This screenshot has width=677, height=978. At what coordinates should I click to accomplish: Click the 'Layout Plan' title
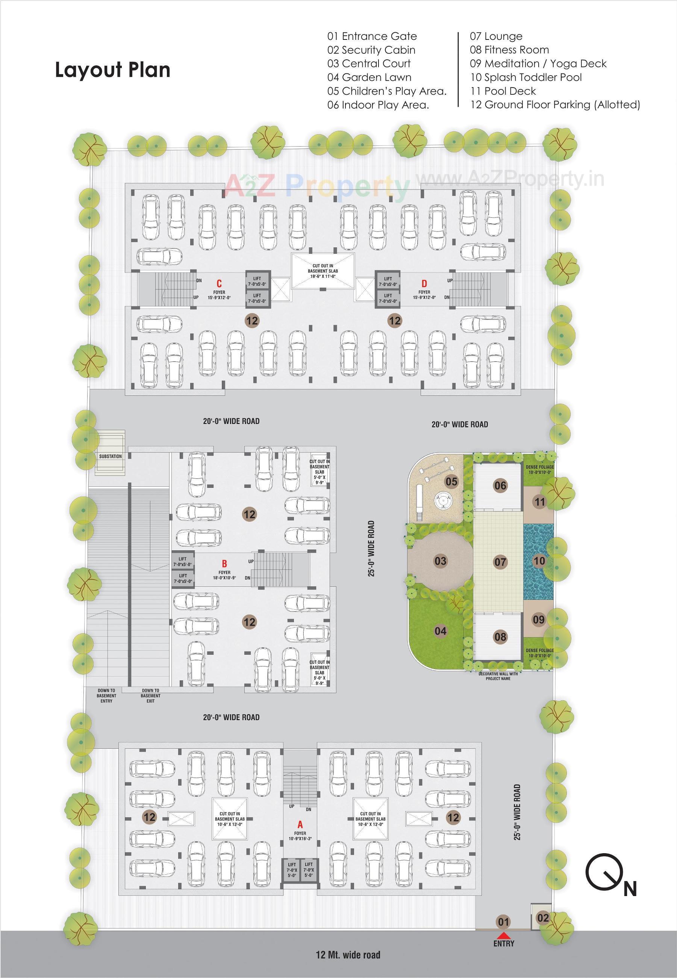[x=112, y=70]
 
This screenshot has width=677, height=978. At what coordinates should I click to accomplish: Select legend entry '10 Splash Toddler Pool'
[x=525, y=77]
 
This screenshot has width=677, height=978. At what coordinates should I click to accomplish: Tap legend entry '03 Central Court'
[x=369, y=64]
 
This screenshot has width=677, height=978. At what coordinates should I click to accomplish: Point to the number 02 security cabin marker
[x=543, y=918]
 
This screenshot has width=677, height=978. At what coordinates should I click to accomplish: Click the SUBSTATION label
[x=110, y=456]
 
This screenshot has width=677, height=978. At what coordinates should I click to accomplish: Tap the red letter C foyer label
[x=219, y=284]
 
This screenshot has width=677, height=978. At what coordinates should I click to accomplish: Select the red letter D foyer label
[x=424, y=284]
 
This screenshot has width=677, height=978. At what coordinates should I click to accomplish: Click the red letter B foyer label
[x=224, y=564]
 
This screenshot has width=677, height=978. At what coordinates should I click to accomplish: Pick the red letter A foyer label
[x=300, y=825]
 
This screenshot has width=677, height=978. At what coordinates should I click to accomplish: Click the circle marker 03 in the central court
[x=440, y=561]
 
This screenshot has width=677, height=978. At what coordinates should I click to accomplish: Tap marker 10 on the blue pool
[x=539, y=561]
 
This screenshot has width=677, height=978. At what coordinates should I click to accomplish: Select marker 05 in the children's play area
[x=451, y=481]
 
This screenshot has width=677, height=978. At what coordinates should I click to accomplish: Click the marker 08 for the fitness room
[x=500, y=637]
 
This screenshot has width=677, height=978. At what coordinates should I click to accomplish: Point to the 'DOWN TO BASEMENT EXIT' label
[x=151, y=696]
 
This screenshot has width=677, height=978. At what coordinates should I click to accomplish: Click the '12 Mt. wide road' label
[x=348, y=955]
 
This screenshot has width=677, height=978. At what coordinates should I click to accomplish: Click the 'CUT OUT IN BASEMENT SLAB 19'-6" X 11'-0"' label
[x=323, y=271]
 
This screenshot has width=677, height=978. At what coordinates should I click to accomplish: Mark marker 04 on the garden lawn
[x=440, y=631]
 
